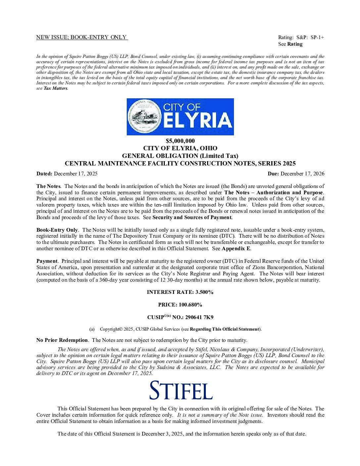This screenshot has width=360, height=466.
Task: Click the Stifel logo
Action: tap(181, 391)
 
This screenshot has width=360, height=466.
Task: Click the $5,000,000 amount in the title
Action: tap(180, 141)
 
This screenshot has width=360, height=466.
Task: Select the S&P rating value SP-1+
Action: tap(317, 37)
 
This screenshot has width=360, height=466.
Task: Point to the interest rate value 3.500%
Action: tap(204, 292)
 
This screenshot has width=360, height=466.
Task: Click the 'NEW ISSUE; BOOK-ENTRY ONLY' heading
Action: tap(81, 37)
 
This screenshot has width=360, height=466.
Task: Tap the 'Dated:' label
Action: tap(44, 174)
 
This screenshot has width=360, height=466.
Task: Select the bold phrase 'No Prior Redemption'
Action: tap(62, 340)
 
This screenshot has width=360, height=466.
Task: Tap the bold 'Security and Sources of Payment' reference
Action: tap(192, 217)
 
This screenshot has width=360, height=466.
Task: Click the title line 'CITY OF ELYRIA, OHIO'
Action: tap(180, 148)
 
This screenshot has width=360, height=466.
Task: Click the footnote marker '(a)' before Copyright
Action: tap(92, 329)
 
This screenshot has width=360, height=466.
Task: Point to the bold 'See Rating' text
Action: tap(290, 44)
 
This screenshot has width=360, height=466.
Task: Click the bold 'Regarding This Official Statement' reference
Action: tap(225, 329)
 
